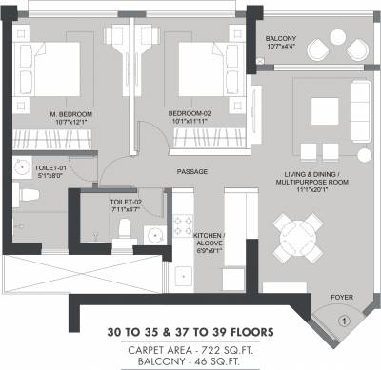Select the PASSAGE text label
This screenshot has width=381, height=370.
coord(191,172)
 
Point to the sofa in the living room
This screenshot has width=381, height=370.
coord(359,106)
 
